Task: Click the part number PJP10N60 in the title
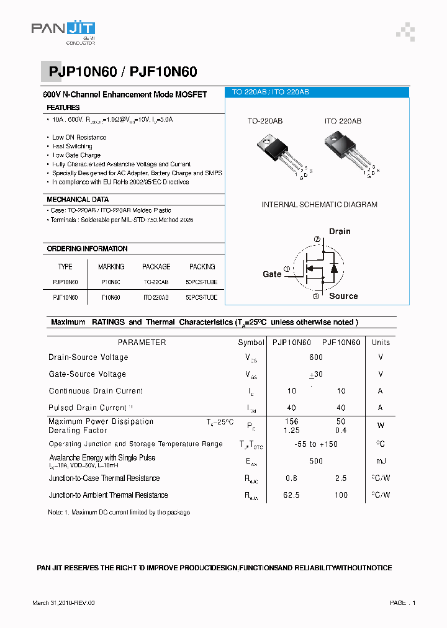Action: (80, 72)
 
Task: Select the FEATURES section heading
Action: (63, 107)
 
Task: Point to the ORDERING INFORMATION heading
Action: (87, 248)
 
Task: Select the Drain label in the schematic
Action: (340, 231)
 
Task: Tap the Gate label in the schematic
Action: (272, 274)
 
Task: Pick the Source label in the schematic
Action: (343, 296)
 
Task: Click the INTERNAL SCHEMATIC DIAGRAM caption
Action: (319, 204)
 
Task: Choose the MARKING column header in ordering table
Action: (111, 266)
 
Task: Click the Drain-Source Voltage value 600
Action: (316, 357)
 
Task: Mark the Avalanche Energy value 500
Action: (316, 461)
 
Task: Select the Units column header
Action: (381, 342)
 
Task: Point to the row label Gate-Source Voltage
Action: (87, 374)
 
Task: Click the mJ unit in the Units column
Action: (381, 461)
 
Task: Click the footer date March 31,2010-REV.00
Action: (63, 603)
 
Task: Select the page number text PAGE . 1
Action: (403, 603)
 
